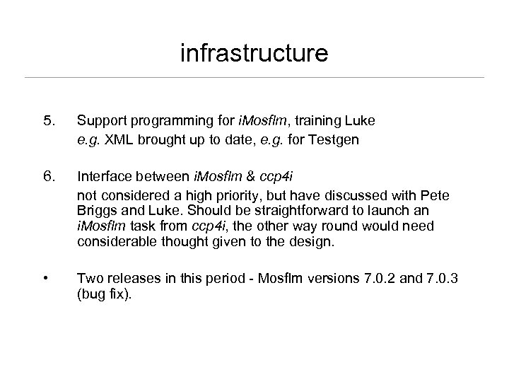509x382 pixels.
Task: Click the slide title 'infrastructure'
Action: pos(254,53)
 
